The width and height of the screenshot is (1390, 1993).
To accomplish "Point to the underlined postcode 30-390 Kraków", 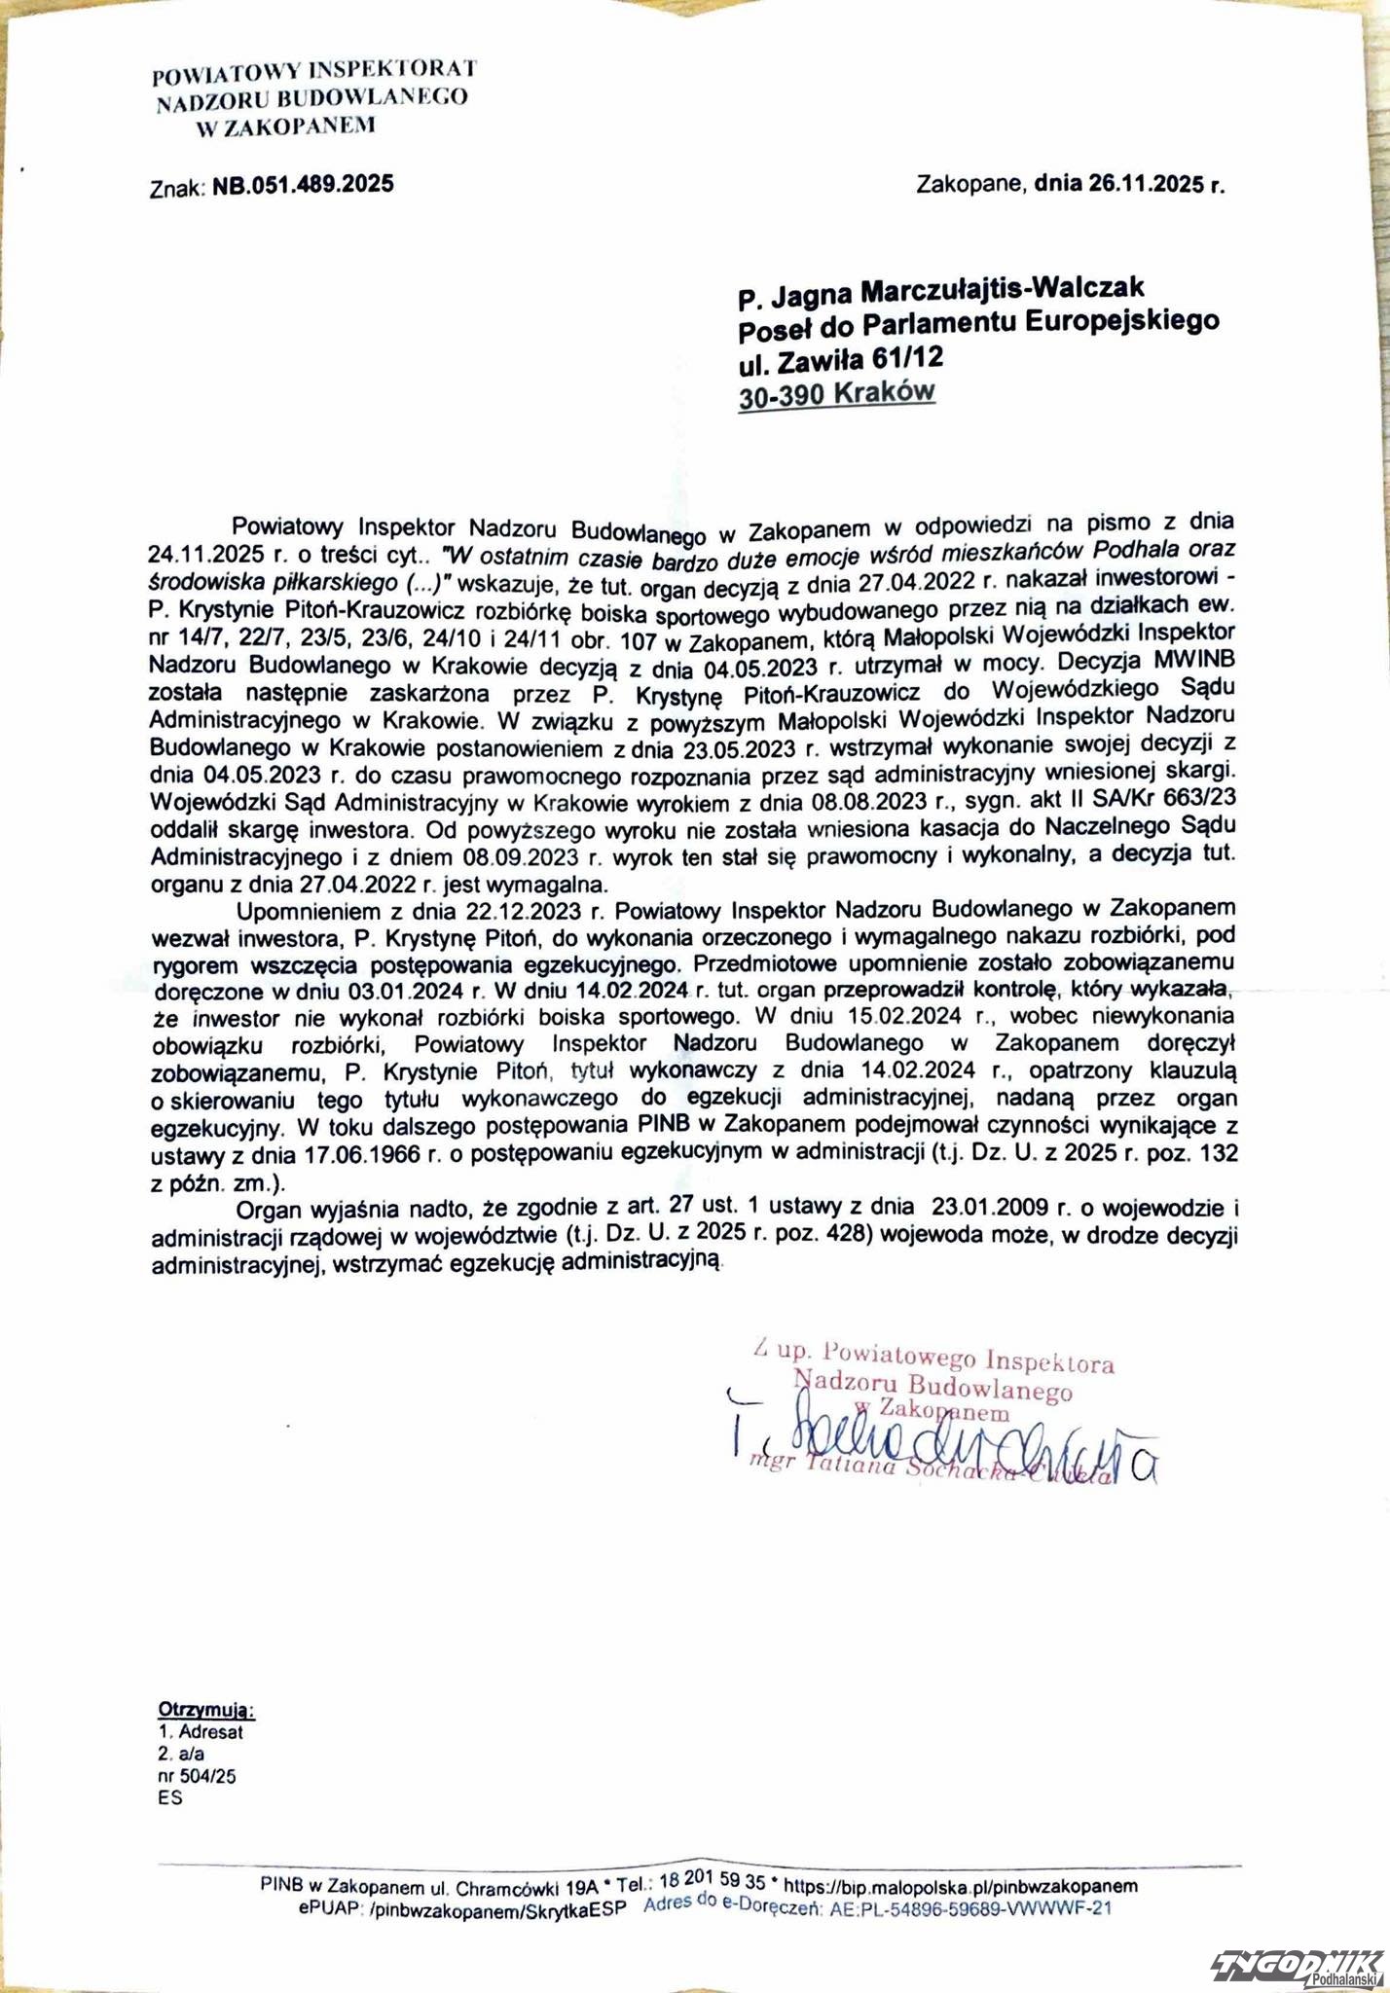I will click(836, 393).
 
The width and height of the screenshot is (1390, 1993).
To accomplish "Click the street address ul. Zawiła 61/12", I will click(841, 359).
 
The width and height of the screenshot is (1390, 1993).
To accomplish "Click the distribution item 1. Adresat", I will click(201, 1731).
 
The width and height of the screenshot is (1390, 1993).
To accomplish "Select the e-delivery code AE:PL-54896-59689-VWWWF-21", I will click(970, 1908).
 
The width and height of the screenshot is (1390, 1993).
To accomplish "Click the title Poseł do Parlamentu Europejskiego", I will click(978, 324).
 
